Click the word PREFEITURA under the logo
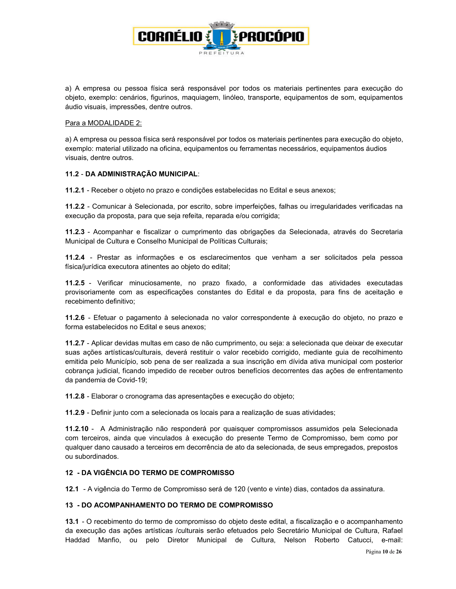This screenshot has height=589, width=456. click(222, 53)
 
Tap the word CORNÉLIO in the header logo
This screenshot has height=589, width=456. click(170, 36)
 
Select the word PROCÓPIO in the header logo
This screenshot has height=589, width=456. click(271, 36)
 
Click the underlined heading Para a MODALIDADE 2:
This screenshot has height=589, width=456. click(104, 123)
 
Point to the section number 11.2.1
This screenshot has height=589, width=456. click(75, 190)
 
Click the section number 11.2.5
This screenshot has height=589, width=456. click(75, 283)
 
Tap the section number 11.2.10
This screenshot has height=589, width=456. click(77, 429)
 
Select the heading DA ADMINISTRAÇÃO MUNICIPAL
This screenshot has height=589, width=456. click(141, 174)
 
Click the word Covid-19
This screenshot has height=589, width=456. click(131, 380)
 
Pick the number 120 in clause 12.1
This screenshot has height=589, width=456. click(240, 489)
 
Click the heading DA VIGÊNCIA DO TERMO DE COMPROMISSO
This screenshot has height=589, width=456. click(158, 473)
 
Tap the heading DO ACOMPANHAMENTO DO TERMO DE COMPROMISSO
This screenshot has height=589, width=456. click(177, 505)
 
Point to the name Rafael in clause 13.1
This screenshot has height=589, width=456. click(392, 531)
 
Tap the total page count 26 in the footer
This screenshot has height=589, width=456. click(399, 552)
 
